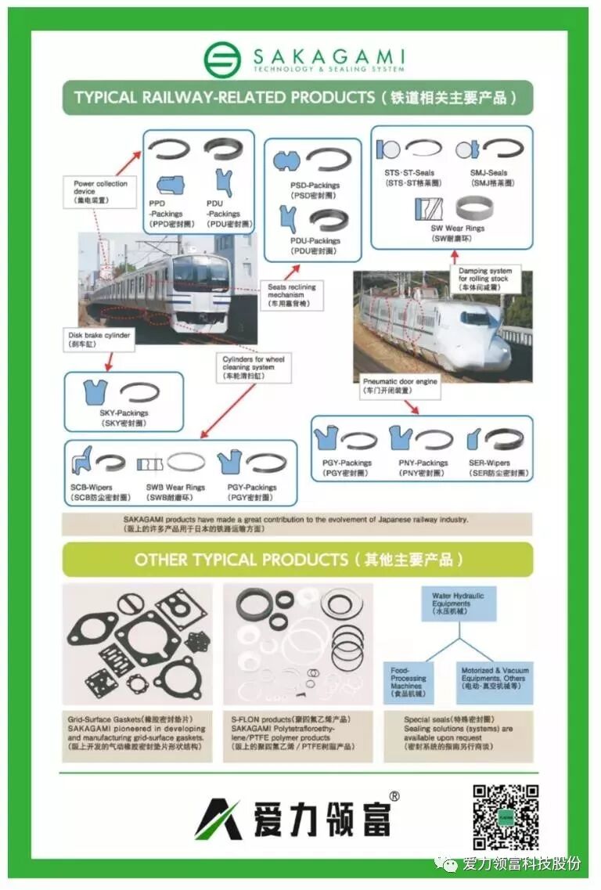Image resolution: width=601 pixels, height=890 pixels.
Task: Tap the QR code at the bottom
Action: click(x=505, y=816)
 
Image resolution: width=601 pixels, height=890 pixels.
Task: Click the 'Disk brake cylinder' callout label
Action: click(x=99, y=337)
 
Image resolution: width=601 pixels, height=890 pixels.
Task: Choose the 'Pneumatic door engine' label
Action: click(x=400, y=384)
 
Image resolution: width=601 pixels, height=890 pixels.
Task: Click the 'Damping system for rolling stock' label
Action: click(x=484, y=279)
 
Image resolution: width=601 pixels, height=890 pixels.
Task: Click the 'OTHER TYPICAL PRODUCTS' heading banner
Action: click(x=297, y=560)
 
